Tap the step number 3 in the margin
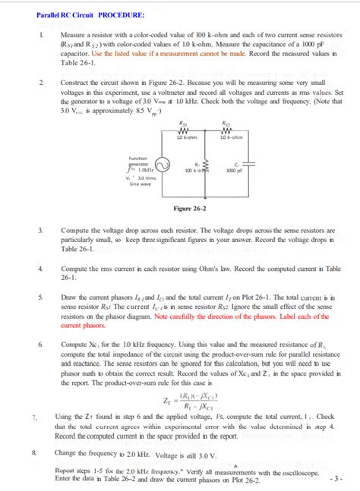point(39,228)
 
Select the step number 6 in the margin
point(39,344)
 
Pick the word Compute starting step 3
point(75,228)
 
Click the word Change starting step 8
point(72,453)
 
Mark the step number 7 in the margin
point(35,417)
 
